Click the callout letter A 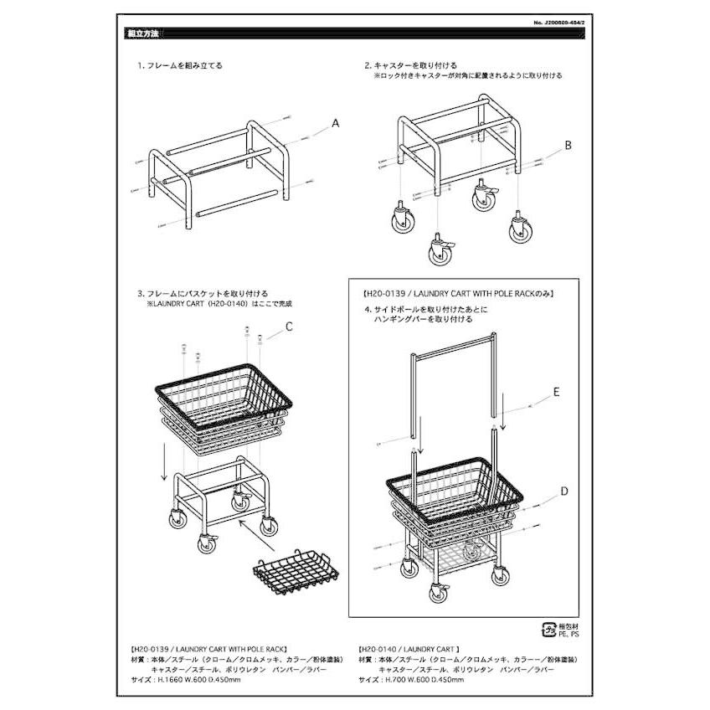(335, 123)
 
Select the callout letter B (567, 145)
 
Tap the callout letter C (289, 327)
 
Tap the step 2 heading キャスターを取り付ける (410, 64)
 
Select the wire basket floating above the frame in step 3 (224, 405)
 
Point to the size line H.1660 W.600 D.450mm (188, 679)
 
